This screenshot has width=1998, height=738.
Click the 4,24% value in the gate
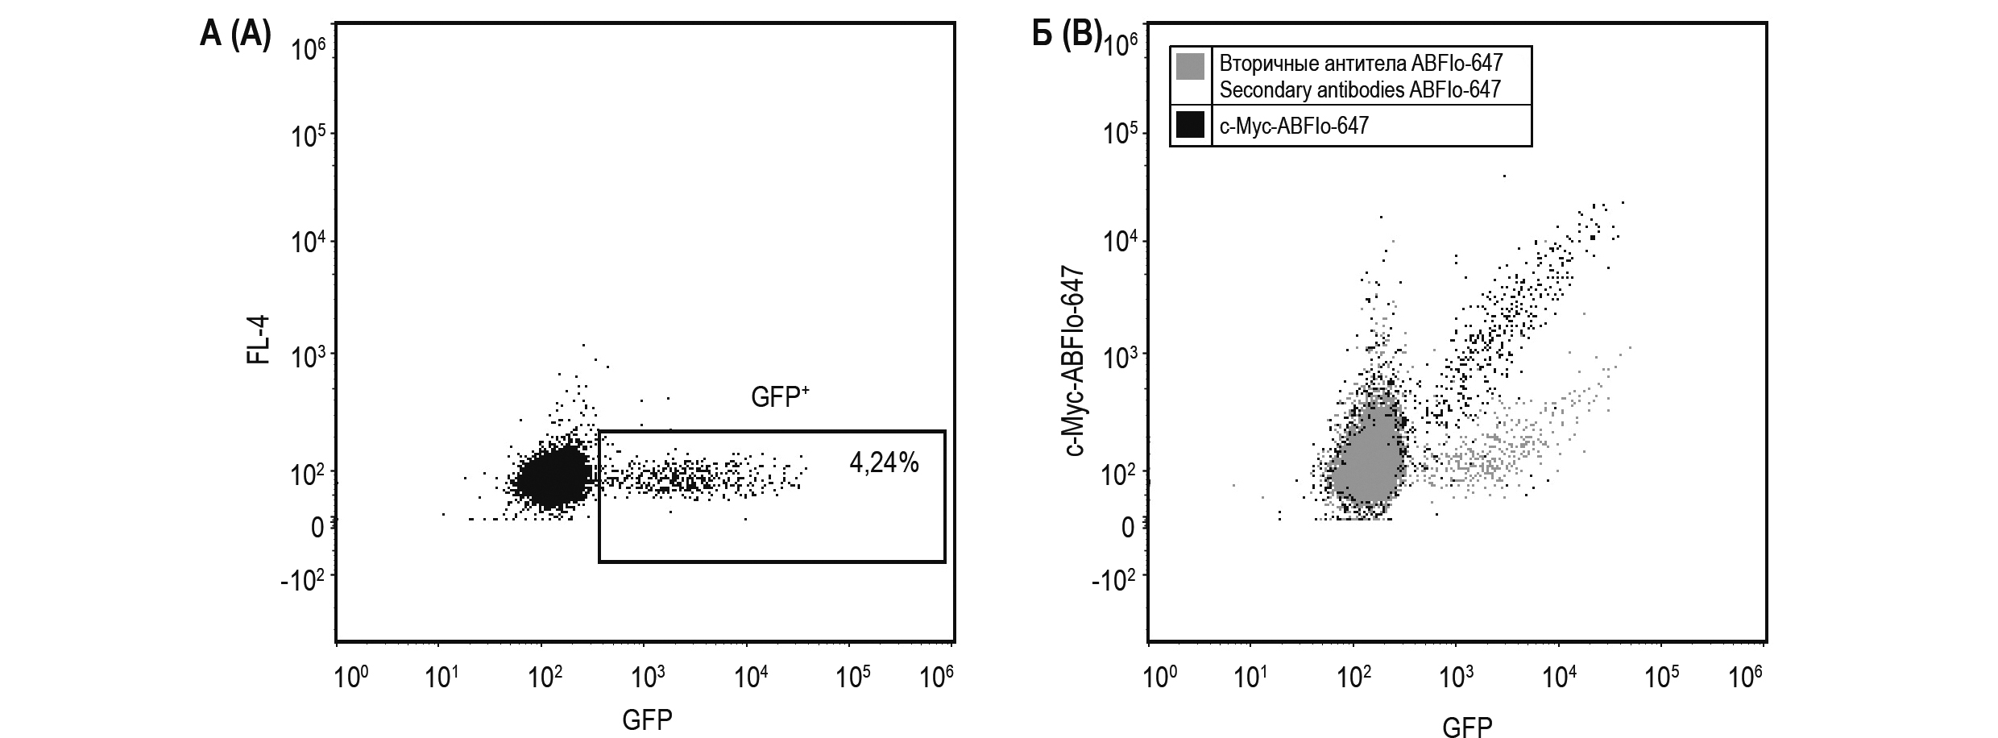pyautogui.click(x=884, y=463)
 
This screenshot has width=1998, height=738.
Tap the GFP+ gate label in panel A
pyautogui.click(x=779, y=396)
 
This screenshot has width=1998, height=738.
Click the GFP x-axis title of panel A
pyautogui.click(x=647, y=719)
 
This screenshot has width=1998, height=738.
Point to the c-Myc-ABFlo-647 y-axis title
pyautogui.click(x=1075, y=361)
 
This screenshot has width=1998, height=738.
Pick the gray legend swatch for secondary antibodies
pyautogui.click(x=1191, y=67)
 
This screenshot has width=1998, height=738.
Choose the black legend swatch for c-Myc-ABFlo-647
pyautogui.click(x=1191, y=125)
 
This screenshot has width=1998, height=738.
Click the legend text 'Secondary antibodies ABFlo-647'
pyautogui.click(x=1360, y=89)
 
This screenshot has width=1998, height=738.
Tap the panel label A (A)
pyautogui.click(x=235, y=36)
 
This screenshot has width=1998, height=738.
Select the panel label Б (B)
pyautogui.click(x=1067, y=36)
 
